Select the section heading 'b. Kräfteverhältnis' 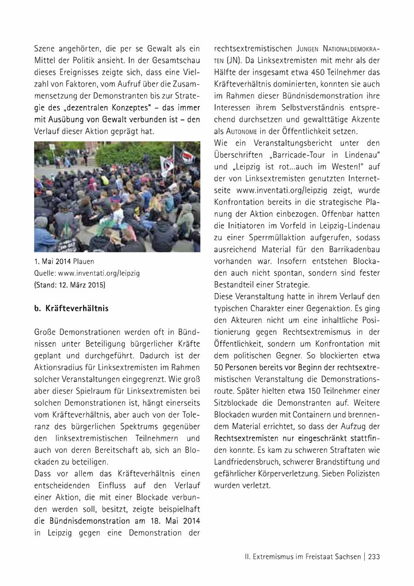pos(71,308)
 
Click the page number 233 pos(374,557)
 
